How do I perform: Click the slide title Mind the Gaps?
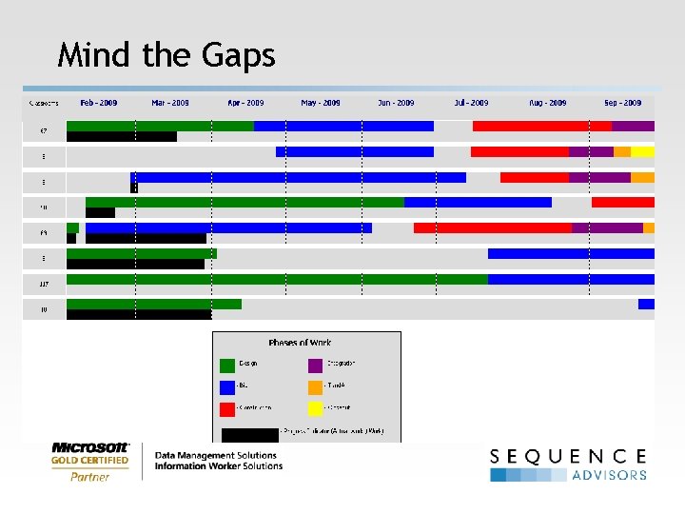coord(166,55)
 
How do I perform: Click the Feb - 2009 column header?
coord(100,103)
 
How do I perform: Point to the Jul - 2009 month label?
coord(471,103)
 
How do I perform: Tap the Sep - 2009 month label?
coord(621,103)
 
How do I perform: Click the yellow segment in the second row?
coord(643,151)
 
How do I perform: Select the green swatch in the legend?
coord(227,365)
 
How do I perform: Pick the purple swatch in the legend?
coord(316,365)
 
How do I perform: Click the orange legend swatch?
coord(316,386)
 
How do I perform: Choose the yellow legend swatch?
coord(316,409)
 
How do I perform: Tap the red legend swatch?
coord(227,409)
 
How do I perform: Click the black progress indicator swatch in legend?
coord(249,434)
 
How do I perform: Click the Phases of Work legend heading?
coord(300,343)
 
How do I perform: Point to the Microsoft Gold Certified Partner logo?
coord(90,462)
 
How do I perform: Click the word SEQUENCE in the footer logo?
coord(568,457)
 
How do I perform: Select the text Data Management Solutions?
coord(216,456)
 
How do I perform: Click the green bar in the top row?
coord(160,126)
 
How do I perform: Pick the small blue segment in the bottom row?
coord(646,304)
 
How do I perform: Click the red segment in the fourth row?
coord(623,202)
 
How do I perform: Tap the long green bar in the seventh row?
coord(276,279)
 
